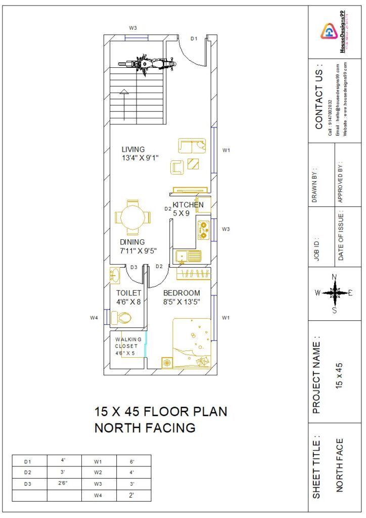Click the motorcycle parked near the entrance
tap(147, 64)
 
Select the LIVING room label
tap(133, 149)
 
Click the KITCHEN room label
tap(188, 205)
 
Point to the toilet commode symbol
tap(121, 318)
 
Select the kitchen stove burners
tap(203, 230)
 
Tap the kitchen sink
tap(188, 256)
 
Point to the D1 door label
tap(194, 38)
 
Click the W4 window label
tap(94, 318)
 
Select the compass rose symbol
tap(334, 292)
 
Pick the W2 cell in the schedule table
tap(98, 472)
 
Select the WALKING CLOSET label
tap(128, 342)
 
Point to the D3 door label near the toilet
tap(134, 267)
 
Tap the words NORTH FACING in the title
tap(145, 428)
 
